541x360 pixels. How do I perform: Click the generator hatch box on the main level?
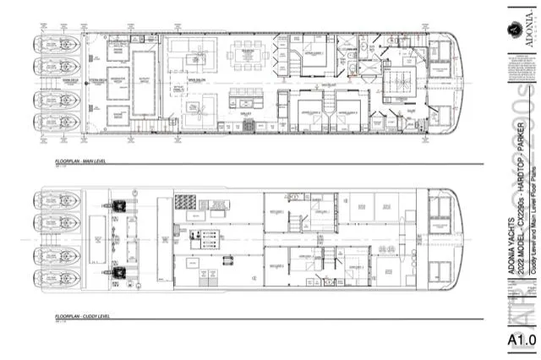pyautogui.click(x=116, y=83)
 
